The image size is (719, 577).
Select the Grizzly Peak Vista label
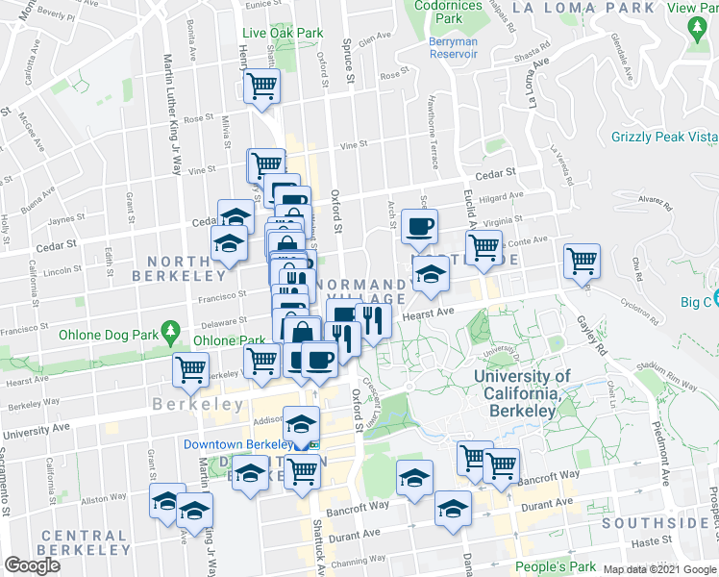[x=664, y=138]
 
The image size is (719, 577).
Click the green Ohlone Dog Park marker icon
[x=172, y=332]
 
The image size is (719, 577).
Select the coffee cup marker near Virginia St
[x=419, y=228]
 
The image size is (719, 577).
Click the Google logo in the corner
[x=32, y=565]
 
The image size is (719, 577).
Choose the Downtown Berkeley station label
[x=237, y=444]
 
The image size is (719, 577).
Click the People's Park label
[x=550, y=566]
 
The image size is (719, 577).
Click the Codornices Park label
[x=448, y=12]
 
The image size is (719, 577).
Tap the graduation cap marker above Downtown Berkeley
[x=301, y=423]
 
